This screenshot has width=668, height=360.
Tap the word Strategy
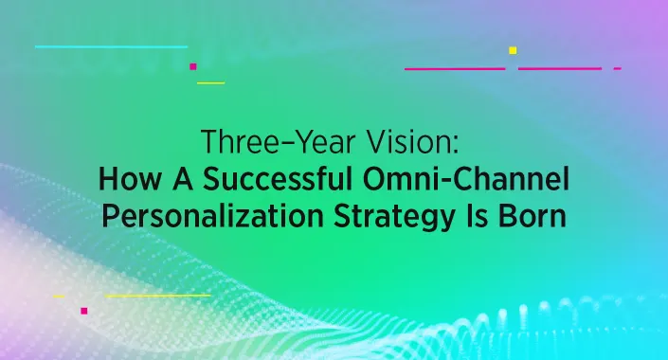[x=398, y=216]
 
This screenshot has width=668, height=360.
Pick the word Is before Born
[x=484, y=215]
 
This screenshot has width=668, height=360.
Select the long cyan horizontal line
[x=111, y=45]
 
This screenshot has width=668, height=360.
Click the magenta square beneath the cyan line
[x=192, y=66]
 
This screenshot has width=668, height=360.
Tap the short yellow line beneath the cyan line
[x=210, y=82]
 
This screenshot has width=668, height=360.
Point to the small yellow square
[x=513, y=50]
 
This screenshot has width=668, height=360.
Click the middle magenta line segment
[x=560, y=69]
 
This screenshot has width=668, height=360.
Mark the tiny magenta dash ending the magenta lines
[x=618, y=69]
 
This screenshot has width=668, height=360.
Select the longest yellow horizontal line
[x=157, y=296]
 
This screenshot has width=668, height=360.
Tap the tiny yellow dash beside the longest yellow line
[x=59, y=296]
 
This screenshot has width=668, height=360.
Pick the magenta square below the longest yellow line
[x=83, y=310]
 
